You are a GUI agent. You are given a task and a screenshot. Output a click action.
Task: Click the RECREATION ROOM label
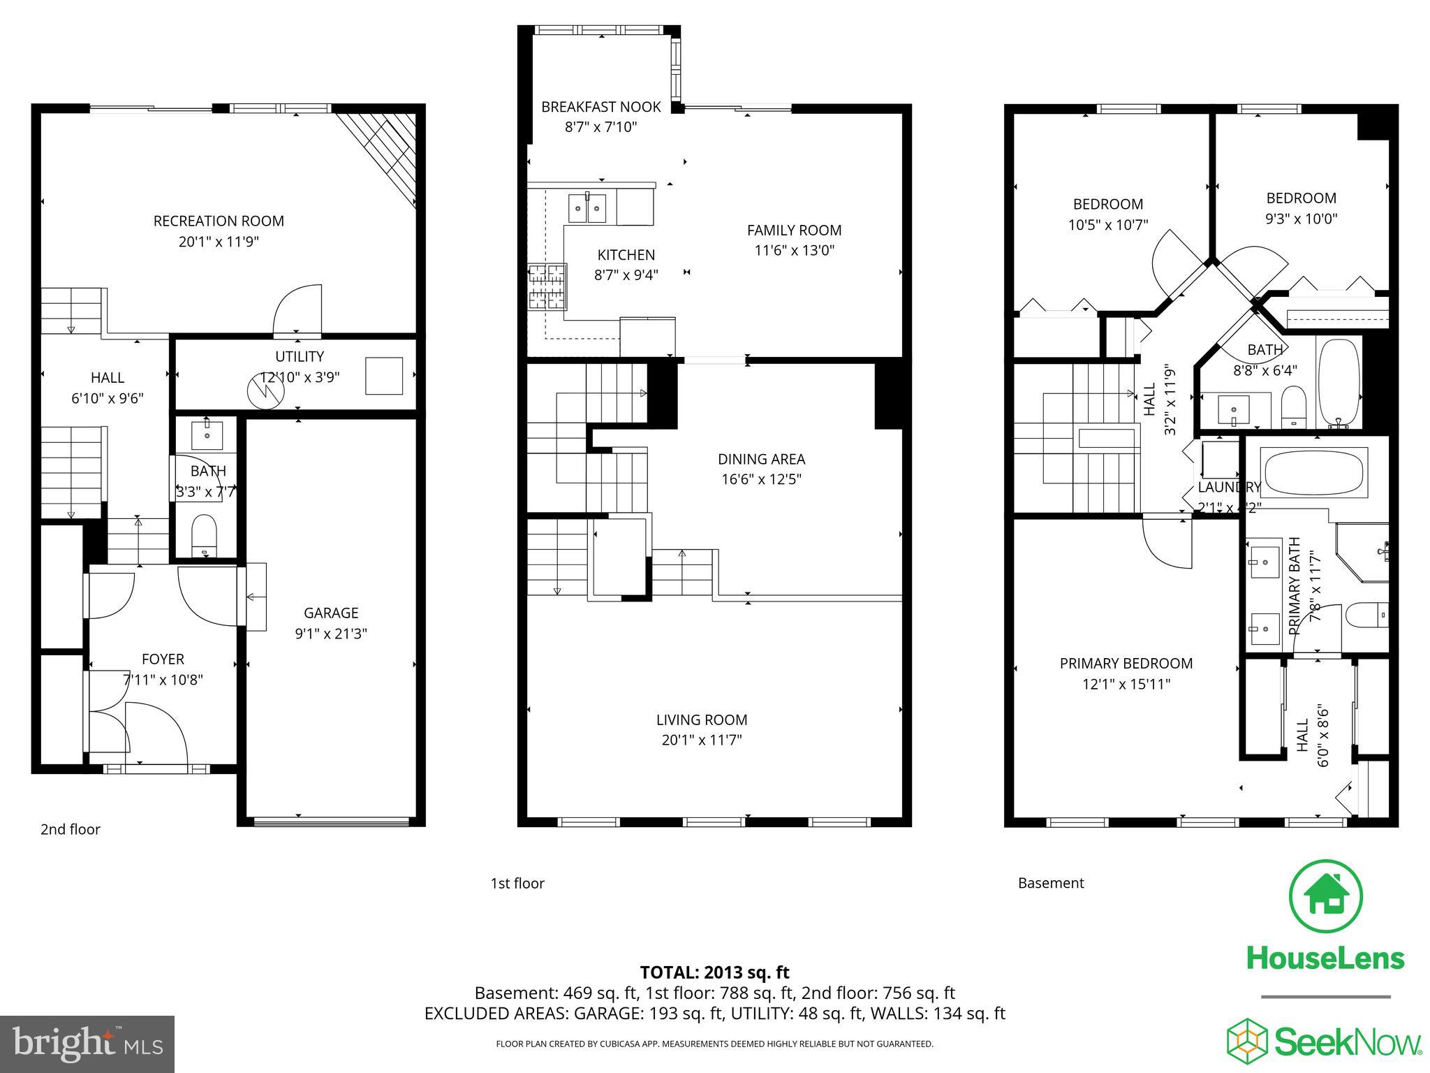click(x=219, y=221)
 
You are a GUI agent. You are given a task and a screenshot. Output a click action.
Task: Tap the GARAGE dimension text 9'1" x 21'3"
click(x=331, y=634)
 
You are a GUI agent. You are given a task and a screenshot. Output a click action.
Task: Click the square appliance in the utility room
click(x=384, y=376)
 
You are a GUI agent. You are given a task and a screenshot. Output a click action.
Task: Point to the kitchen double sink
click(x=587, y=208)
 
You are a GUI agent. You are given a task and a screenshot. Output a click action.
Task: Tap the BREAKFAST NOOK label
click(x=601, y=107)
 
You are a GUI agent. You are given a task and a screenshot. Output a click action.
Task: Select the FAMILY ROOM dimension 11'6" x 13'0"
click(x=795, y=250)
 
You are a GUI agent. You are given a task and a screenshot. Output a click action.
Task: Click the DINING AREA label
click(x=761, y=459)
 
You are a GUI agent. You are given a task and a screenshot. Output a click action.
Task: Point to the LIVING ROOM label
click(x=702, y=720)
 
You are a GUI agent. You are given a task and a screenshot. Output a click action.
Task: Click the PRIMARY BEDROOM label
click(x=1126, y=664)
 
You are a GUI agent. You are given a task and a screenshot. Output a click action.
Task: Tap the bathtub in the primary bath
click(x=1313, y=473)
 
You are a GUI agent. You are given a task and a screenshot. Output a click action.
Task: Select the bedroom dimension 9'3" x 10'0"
click(x=1302, y=219)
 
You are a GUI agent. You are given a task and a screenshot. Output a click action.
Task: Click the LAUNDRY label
click(x=1229, y=488)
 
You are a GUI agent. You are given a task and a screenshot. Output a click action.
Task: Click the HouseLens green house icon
click(x=1325, y=896)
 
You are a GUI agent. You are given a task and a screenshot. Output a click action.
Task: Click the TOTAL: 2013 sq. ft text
click(x=714, y=972)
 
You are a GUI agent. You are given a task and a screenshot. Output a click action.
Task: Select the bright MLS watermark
click(x=87, y=1044)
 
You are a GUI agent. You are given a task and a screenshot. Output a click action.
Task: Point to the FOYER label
click(x=163, y=659)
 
